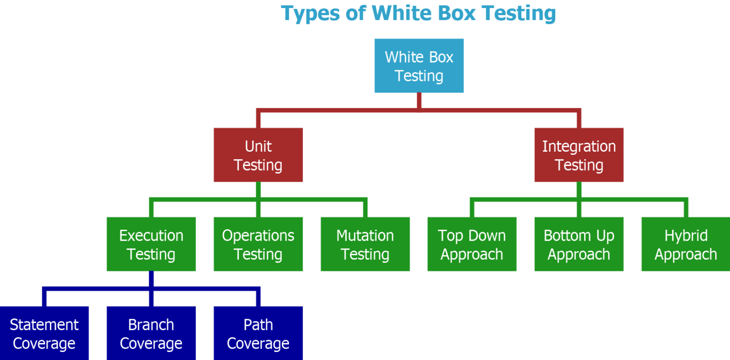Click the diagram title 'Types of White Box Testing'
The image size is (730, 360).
click(418, 13)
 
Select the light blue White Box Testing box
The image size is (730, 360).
click(419, 66)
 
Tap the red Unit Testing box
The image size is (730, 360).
click(258, 155)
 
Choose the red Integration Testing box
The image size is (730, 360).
click(578, 155)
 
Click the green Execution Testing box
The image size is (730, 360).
click(151, 244)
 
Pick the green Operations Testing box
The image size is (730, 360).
click(258, 244)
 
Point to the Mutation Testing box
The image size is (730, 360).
click(365, 244)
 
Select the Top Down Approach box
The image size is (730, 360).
click(471, 244)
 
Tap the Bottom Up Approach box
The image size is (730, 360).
click(578, 244)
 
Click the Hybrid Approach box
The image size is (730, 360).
click(685, 244)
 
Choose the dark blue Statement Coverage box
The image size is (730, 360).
click(44, 333)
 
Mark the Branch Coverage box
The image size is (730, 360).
click(151, 333)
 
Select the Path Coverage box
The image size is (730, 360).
click(258, 333)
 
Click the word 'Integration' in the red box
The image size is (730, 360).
click(578, 146)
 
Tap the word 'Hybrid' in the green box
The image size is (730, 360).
click(686, 236)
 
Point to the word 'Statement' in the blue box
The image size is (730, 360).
click(44, 325)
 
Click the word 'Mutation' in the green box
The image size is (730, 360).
click(365, 236)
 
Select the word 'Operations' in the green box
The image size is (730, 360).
click(258, 236)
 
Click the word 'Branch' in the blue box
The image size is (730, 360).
click(151, 325)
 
